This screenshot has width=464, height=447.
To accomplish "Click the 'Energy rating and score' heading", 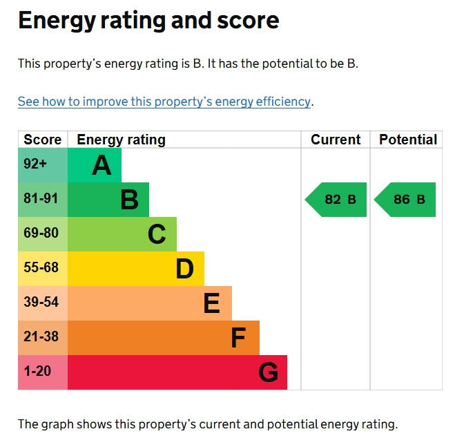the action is pos(148,21).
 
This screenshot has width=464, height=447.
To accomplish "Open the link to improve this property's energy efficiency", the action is pos(164,102).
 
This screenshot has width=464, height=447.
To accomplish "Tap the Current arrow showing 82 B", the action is pos(336,200).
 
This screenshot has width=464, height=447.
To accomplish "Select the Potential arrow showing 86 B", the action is pos(405,200).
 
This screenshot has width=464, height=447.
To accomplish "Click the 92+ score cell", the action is pos(35,164).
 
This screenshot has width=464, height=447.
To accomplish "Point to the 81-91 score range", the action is pos(41,198).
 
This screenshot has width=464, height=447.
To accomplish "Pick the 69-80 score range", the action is pos(41,233).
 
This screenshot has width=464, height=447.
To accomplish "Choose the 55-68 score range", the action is pos(41,267).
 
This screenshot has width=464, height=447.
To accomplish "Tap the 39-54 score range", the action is pos(41,302).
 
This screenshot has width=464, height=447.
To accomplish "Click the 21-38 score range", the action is pos(41,336).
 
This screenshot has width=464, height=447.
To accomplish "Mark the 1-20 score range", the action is pos(37,371).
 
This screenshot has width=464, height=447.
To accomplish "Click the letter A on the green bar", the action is pos(101,165).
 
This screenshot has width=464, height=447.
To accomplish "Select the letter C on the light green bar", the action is pos(157,234).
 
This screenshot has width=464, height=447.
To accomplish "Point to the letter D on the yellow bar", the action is pos(184,269).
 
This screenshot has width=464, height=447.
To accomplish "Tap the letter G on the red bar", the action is pos(268,372).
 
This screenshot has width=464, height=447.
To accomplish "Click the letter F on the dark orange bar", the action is pos(238,338).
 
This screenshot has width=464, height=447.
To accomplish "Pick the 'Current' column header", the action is pos(336,140).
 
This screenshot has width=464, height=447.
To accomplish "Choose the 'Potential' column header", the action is pos(408,140).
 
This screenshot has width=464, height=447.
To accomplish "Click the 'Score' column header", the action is pos(43,140).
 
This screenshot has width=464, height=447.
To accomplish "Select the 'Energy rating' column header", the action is pos(121,140).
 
